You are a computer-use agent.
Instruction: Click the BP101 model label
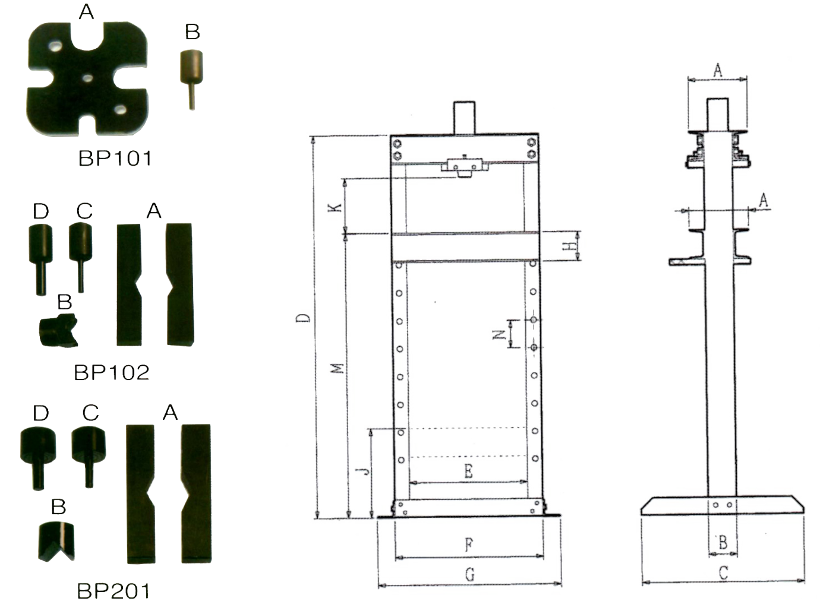[115, 159]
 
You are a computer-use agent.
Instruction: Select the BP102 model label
[112, 372]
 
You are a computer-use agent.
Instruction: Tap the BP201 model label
[113, 591]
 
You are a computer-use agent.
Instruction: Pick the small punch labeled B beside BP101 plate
[192, 80]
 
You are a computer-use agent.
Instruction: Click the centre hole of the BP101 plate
[88, 78]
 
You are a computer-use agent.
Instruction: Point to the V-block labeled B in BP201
[56, 542]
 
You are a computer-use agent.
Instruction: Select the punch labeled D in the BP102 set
[41, 259]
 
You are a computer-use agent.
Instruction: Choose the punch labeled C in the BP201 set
[89, 458]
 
